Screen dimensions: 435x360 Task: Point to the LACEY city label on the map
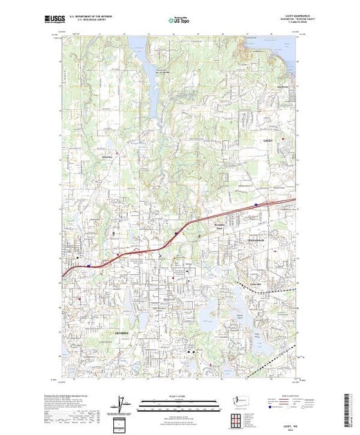click(x=269, y=139)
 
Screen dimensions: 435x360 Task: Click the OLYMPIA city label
click(x=101, y=332)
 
